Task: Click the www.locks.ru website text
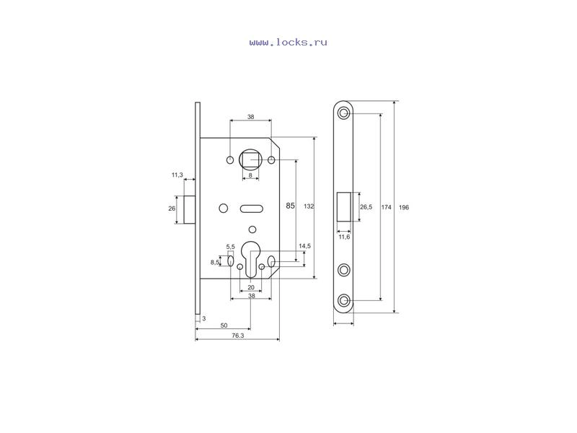(x=288, y=43)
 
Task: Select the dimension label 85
(x=291, y=206)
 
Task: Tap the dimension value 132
(x=309, y=206)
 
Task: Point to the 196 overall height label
(x=404, y=207)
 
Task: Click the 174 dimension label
(x=386, y=207)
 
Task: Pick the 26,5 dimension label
(x=366, y=207)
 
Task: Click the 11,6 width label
(x=344, y=237)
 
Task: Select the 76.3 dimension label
(x=238, y=336)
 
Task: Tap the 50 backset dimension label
(x=224, y=325)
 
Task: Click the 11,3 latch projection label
(x=177, y=175)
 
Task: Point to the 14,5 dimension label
(x=304, y=246)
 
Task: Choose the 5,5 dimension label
(x=230, y=247)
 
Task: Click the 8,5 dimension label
(x=215, y=262)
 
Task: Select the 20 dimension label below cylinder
(x=251, y=287)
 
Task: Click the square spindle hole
(x=250, y=159)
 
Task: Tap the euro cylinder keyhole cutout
(x=250, y=259)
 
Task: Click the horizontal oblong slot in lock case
(x=252, y=209)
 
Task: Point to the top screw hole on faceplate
(x=344, y=113)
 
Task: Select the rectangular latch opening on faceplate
(x=344, y=207)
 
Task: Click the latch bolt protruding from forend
(x=190, y=209)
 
